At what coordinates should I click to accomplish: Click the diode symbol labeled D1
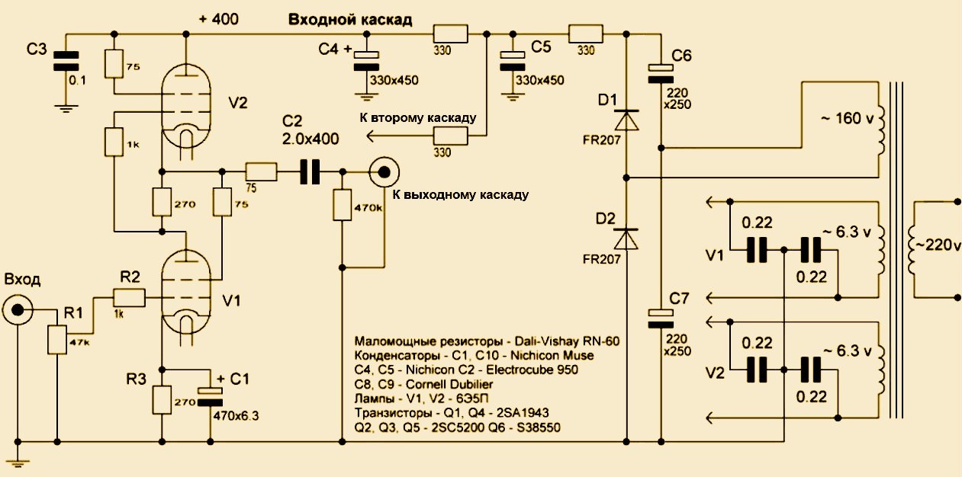pos(627,120)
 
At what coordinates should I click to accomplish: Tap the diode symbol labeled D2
pos(627,238)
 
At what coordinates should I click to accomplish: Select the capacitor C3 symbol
pos(66,62)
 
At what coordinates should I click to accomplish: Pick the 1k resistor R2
pos(127,296)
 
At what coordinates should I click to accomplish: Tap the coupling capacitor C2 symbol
pos(309,172)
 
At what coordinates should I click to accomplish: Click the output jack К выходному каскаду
pos(383,172)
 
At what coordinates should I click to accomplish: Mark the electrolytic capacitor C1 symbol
pos(209,395)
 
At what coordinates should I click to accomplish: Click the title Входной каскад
pos(350,21)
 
